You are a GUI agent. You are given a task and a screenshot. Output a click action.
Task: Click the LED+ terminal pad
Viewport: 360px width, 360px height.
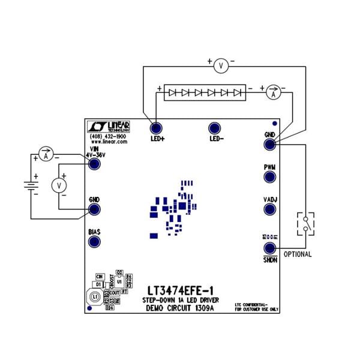pos(156,128)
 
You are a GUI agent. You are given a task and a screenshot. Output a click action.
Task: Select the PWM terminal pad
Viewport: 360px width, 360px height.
pos(269,177)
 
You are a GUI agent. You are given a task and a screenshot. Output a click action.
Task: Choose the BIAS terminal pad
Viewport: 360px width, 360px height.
pos(94,241)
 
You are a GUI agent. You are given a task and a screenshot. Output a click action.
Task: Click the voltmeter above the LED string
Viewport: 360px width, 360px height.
pos(221,67)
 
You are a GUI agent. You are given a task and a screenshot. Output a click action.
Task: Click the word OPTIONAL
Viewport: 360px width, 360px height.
pos(297,254)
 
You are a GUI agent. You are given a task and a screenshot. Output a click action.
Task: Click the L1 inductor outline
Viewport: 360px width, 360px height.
pos(94,297)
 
